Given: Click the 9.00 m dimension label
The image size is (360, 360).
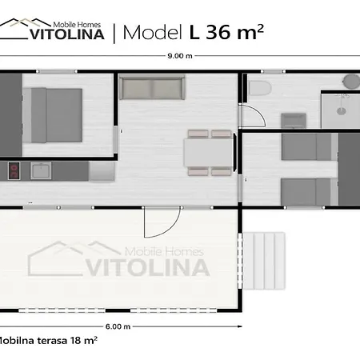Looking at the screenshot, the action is point(180,56).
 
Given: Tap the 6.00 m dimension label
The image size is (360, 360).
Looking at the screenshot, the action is point(118,326).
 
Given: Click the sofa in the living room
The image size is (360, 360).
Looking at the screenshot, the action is point(152,87).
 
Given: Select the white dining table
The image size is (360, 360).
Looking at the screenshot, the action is point(209,153).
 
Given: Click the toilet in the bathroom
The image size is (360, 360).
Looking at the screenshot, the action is point(260,88).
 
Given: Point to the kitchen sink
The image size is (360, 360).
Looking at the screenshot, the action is point(41,170).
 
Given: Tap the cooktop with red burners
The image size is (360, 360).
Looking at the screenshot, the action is point(14,170).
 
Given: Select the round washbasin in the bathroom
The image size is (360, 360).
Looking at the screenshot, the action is point(351,81).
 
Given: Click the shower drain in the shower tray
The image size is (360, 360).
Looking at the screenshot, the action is point(342,111).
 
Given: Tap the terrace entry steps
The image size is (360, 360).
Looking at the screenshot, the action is point(264,261).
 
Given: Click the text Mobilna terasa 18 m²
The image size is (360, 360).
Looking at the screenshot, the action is point(47,341).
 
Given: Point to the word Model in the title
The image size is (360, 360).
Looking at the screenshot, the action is point(153,33).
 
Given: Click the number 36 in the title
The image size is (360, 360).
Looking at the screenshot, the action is point(218,33).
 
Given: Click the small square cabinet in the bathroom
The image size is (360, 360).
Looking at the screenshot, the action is point(294,121).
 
